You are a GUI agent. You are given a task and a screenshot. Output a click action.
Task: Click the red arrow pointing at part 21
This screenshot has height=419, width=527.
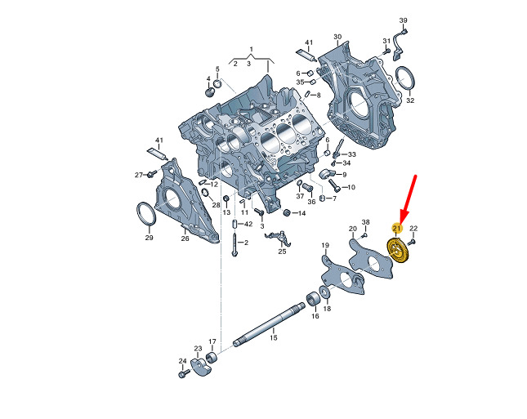click(409, 199)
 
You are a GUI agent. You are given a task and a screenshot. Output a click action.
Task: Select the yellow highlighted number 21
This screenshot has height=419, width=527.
click(397, 229)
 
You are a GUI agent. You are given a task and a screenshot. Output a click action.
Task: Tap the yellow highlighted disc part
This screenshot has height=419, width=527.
click(397, 250)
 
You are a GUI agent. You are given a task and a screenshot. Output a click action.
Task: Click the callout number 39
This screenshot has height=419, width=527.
click(403, 20)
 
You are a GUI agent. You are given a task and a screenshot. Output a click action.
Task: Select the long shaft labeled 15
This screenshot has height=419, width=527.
click(269, 324)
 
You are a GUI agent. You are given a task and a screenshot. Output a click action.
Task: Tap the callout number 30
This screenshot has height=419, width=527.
click(337, 37)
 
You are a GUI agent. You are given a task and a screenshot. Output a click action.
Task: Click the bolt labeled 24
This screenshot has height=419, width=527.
click(182, 373)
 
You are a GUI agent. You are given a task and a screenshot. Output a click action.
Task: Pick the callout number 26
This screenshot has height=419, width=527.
click(185, 238)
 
